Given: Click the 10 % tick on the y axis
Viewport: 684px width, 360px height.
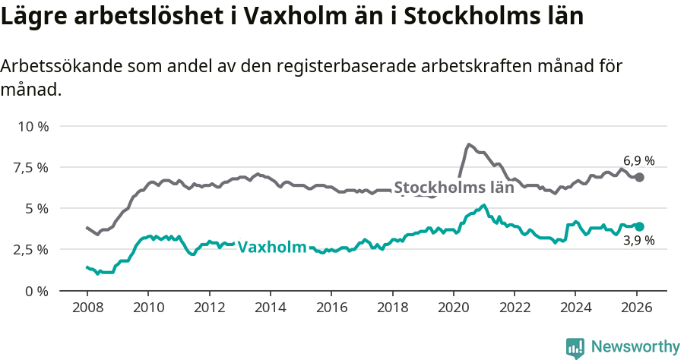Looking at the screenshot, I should click(32, 126).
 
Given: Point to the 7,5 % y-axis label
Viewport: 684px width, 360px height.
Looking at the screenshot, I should click(30, 167).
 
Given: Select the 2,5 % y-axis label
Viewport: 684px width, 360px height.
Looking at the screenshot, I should click(30, 249).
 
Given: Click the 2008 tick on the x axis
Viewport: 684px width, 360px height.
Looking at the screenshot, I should click(87, 308).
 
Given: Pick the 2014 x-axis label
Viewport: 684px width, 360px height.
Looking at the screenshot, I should click(270, 308).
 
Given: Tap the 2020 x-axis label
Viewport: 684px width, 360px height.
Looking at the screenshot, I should click(453, 308).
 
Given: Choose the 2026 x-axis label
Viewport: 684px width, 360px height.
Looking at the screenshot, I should click(636, 308).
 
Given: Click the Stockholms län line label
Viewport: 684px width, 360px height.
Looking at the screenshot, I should click(454, 188).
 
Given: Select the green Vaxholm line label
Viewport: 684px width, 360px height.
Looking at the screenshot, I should click(272, 247).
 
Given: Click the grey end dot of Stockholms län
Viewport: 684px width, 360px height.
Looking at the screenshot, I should click(640, 177).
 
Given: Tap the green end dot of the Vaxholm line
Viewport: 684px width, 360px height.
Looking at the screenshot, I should click(640, 226).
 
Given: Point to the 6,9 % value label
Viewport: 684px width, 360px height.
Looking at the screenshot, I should click(638, 161).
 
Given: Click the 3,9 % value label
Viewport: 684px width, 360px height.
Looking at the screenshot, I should click(638, 241).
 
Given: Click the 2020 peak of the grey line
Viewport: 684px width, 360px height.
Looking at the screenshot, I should click(469, 144).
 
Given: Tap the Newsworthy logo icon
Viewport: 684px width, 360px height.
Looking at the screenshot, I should click(575, 348).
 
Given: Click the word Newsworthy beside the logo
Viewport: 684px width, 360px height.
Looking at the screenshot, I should click(635, 347).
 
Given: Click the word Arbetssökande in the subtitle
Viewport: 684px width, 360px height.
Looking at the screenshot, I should click(51, 66).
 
